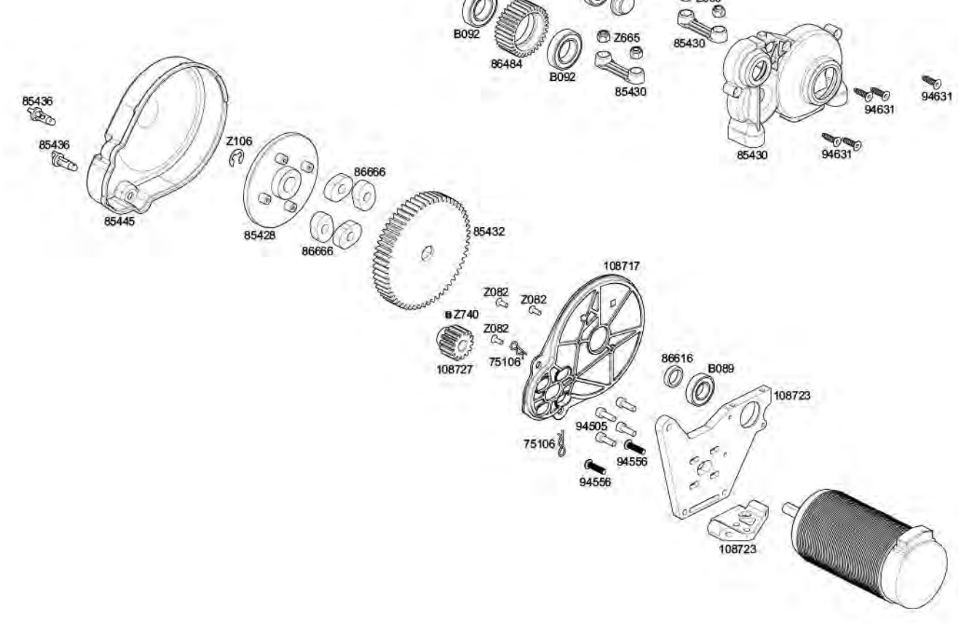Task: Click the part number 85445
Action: [119, 222]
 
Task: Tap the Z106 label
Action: [239, 140]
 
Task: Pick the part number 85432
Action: [489, 232]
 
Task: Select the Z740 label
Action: [466, 314]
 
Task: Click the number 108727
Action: [454, 369]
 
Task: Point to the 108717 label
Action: [622, 266]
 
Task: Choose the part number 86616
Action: [676, 358]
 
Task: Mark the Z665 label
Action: [627, 38]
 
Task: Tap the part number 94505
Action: [591, 426]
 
